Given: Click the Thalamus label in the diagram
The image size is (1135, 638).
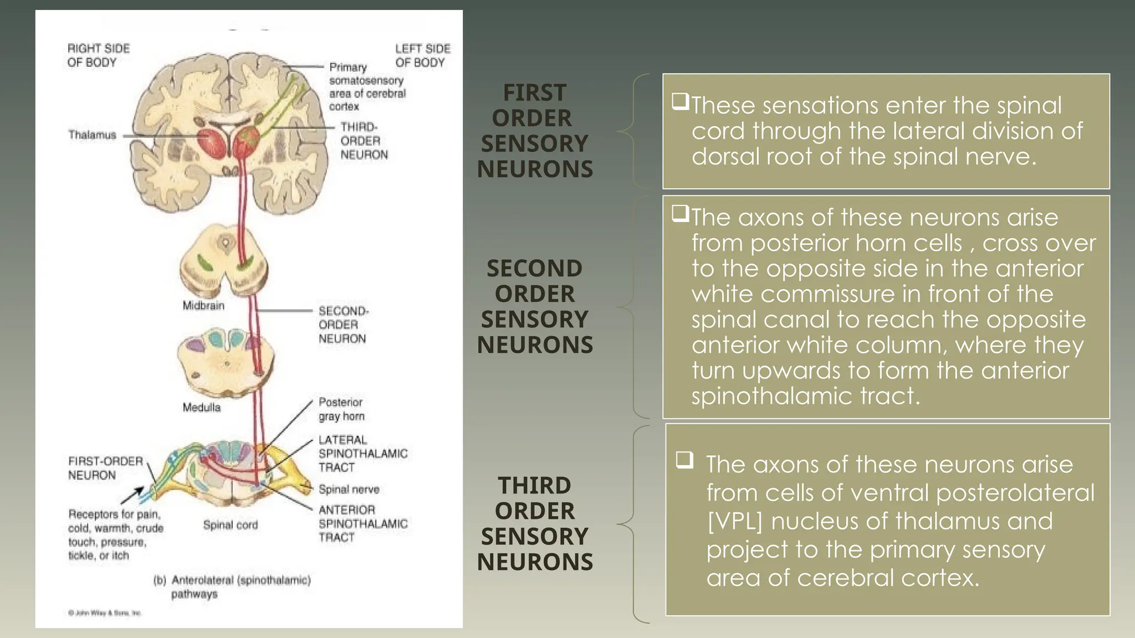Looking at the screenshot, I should tap(92, 135).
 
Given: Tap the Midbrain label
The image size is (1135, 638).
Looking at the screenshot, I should tap(203, 306).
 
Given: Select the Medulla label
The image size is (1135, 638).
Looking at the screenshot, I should tap(201, 408).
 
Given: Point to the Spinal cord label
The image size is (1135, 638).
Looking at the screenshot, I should tap(230, 525).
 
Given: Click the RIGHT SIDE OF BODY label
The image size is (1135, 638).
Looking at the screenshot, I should tap(98, 55).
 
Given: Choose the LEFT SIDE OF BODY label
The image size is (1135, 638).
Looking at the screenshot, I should tap(422, 55).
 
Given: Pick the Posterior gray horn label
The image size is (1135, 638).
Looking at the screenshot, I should tap(341, 409).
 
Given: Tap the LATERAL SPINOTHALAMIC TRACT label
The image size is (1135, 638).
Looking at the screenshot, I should tap(362, 454).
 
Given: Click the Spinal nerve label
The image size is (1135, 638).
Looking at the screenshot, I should tap(349, 490).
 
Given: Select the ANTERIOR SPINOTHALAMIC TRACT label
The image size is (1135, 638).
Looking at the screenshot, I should tap(362, 523).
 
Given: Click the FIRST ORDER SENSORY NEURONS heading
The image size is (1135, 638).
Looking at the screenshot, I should tap(535, 131).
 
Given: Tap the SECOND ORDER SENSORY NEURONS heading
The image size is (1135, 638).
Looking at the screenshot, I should tap(535, 306).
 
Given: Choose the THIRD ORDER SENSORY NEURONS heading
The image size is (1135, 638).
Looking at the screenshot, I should tap(535, 523).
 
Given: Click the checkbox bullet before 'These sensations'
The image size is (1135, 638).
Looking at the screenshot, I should tap(680, 101).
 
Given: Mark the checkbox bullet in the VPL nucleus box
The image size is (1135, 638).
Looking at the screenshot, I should tap(685, 460).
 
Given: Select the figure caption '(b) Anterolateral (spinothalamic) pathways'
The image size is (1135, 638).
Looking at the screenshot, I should tap(232, 587).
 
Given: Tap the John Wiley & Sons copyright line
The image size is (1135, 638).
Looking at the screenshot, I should tap(105, 613).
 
